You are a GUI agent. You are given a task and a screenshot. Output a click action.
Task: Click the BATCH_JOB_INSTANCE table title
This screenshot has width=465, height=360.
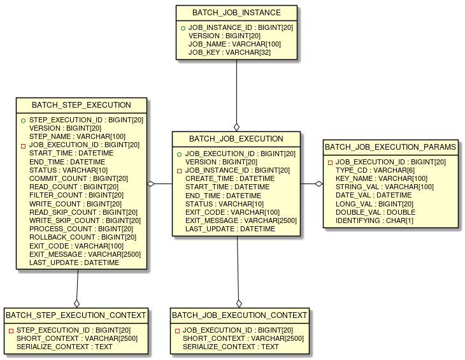coord(236,13)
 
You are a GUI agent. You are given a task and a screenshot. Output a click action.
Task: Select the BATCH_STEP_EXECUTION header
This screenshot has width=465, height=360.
coord(82,105)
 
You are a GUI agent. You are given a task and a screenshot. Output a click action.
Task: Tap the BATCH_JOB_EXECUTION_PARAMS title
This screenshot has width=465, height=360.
coord(390,147)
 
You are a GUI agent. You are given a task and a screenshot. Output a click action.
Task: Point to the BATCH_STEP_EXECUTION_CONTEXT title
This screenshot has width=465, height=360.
coord(76,315)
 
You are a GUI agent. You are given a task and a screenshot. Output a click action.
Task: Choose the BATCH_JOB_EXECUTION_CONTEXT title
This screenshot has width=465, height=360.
coord(240,315)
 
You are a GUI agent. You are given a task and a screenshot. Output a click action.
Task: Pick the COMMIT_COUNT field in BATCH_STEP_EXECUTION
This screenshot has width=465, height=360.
coord(78,179)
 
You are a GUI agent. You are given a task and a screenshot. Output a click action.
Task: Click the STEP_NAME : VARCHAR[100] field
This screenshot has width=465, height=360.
coord(77,137)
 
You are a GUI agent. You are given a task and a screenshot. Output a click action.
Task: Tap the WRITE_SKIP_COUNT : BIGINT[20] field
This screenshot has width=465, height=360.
coord(85,220)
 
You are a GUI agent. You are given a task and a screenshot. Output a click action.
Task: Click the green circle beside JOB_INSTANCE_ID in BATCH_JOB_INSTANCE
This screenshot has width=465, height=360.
coord(183,29)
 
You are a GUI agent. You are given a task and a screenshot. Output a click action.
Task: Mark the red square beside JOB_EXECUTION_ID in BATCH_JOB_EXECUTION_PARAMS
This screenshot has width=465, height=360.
coord(330,163)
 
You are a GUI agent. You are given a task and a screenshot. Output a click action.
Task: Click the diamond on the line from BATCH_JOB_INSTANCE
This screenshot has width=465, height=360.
coord(236,127)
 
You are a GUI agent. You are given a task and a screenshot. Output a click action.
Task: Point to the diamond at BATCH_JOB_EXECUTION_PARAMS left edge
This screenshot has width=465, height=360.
coord(318,184)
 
